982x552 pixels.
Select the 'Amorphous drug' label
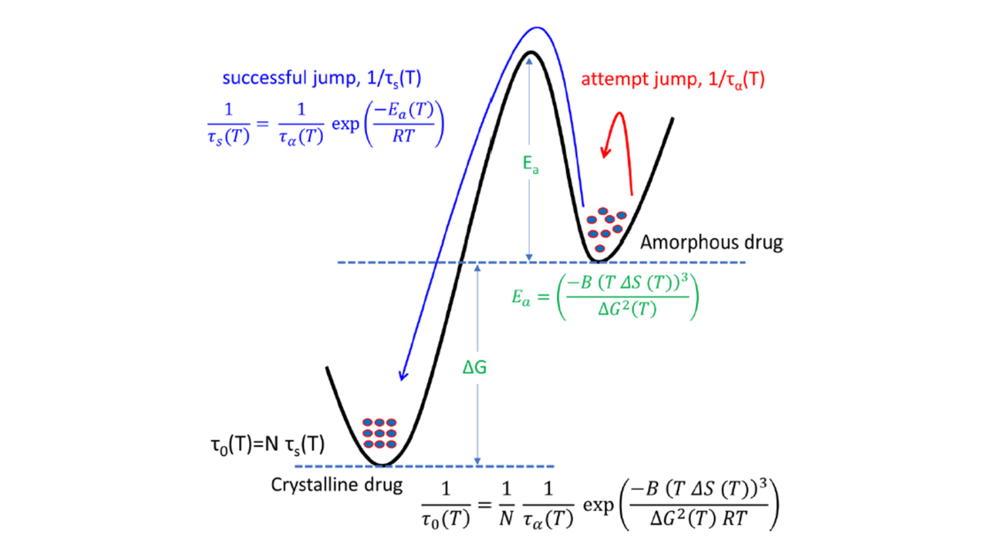[x=711, y=242]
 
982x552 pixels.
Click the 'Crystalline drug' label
[x=337, y=485]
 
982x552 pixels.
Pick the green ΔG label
[x=474, y=367]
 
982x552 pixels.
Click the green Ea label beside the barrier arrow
[x=530, y=164]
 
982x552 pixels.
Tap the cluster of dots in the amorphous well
[x=606, y=229]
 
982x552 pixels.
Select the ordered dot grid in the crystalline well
[x=380, y=433]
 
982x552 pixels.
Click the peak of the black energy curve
[x=531, y=53]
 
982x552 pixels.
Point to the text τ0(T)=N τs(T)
[x=267, y=445]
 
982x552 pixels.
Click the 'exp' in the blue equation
[x=345, y=124]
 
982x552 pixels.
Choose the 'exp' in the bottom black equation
[x=598, y=505]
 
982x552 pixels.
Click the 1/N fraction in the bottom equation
[x=506, y=504]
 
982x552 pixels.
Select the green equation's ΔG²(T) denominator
[x=627, y=309]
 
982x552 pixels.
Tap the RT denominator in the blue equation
[x=403, y=136]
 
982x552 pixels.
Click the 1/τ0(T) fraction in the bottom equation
[x=445, y=504]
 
